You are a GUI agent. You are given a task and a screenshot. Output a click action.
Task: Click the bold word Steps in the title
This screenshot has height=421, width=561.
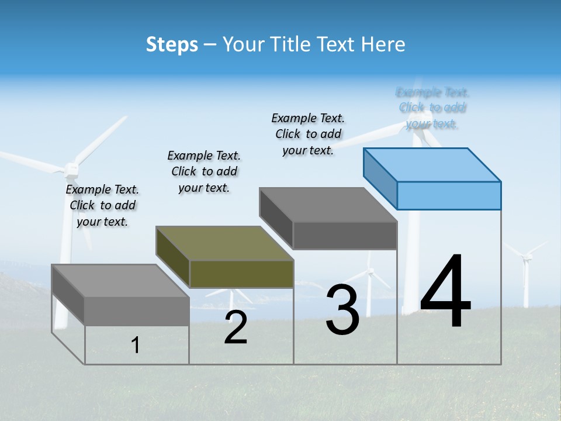[172, 44]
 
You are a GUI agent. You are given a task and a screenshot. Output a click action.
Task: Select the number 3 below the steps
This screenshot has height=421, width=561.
[342, 310]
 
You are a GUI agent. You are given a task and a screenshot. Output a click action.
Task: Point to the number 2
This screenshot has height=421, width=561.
[236, 327]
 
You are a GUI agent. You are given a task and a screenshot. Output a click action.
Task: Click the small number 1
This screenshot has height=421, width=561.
[136, 345]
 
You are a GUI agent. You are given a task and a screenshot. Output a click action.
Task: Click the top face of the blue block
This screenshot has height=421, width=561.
[432, 164]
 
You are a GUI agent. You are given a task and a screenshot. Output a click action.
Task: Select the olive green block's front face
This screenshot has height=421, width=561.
[241, 274]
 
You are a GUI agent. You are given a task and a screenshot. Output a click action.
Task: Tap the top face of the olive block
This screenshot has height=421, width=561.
[224, 243]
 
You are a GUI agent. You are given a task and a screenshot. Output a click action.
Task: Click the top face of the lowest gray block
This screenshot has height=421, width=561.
[120, 280]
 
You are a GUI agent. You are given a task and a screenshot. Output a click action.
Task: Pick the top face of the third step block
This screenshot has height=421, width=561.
[328, 205]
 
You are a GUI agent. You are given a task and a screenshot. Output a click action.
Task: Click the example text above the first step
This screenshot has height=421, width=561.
[102, 205]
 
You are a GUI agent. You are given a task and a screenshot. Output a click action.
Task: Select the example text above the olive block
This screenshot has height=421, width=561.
[204, 171]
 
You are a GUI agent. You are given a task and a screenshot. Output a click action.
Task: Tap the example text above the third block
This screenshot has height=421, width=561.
[308, 134]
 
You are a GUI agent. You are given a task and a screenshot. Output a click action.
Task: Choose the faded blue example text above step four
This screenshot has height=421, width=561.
[432, 108]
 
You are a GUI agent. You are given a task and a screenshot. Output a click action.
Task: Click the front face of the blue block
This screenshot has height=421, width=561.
[449, 195]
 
